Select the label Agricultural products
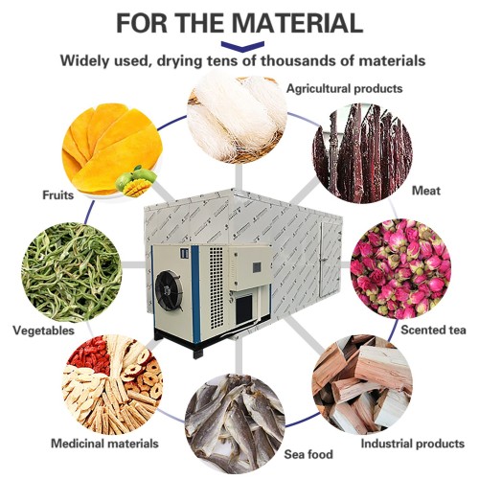tap(343, 88)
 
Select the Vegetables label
tap(43, 330)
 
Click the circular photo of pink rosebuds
tap(399, 270)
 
